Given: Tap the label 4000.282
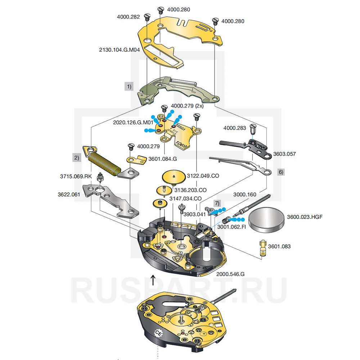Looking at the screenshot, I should point(129,17).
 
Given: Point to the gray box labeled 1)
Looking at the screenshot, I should point(129,86).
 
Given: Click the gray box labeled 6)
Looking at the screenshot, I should point(281,172).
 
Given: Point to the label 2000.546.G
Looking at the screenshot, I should point(230,274).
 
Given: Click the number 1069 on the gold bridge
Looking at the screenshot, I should point(181,144).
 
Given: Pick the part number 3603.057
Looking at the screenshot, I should point(284,154).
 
